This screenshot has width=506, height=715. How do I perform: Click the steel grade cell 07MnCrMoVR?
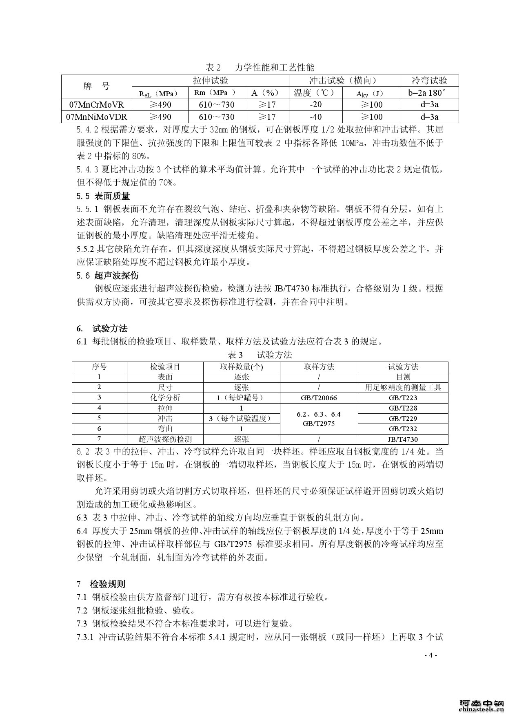point(97,104)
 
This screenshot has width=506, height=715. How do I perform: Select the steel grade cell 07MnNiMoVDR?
point(97,117)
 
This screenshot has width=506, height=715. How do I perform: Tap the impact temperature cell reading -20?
point(315,104)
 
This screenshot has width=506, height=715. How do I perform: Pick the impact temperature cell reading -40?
point(315,117)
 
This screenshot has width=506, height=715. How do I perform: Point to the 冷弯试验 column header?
point(429,80)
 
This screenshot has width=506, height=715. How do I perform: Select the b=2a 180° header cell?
point(429,93)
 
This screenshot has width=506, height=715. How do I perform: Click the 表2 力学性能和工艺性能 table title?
point(260,67)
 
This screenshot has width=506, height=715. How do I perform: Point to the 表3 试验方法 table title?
point(260,355)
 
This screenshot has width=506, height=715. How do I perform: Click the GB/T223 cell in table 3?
point(403,398)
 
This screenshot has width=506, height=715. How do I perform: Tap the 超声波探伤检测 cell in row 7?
point(165,439)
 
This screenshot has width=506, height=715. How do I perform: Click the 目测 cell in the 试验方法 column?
point(403,377)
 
